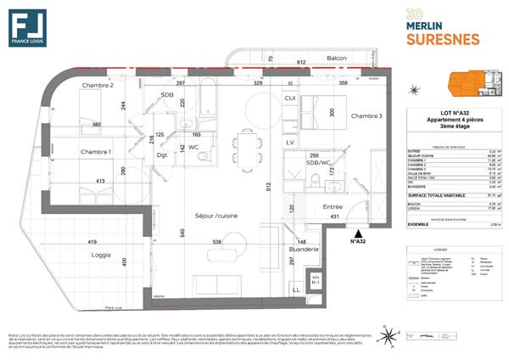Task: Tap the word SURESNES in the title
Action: (x=445, y=39)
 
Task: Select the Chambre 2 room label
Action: (x=98, y=86)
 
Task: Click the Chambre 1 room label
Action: (x=97, y=152)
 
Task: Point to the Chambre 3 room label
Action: (x=366, y=116)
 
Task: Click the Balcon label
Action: (x=338, y=59)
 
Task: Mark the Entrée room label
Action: (x=333, y=206)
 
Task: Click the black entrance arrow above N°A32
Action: (x=358, y=231)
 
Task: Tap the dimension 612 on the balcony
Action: (x=300, y=63)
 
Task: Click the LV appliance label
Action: (x=290, y=142)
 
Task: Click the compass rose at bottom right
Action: (x=389, y=338)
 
